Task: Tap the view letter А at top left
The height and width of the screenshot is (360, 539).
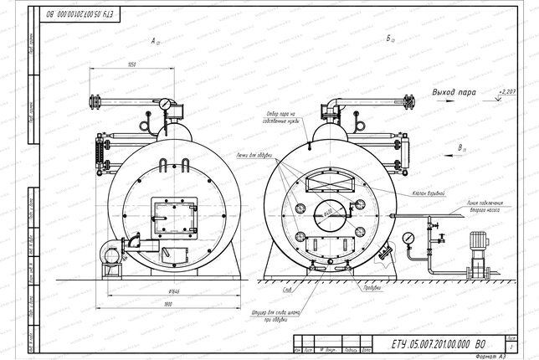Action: tap(154, 40)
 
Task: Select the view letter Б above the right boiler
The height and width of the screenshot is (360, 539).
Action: tap(390, 39)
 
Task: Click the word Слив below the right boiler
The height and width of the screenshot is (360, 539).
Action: tap(287, 291)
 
